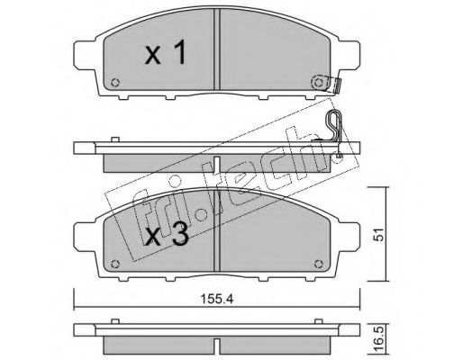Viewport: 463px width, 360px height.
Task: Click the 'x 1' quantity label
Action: click(166, 53)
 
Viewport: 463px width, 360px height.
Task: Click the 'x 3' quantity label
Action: click(167, 235)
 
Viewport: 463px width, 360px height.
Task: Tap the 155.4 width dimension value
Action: click(217, 299)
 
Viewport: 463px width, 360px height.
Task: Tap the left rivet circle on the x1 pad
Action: click(115, 83)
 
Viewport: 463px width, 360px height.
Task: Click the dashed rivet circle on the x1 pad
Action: click(319, 82)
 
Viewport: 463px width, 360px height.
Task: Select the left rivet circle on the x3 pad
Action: click(115, 265)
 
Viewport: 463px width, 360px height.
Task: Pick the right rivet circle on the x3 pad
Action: click(319, 265)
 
